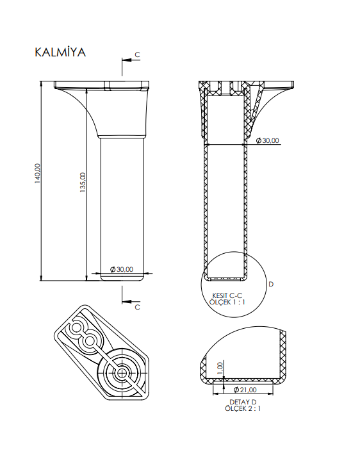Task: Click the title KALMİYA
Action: coord(60,52)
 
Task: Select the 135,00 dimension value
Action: coord(83,181)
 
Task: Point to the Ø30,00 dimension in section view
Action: coord(267,140)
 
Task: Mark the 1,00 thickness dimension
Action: coord(220,367)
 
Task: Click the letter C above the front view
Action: coord(137,56)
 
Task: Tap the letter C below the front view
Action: coord(137,307)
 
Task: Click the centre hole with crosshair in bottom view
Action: coord(122,372)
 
